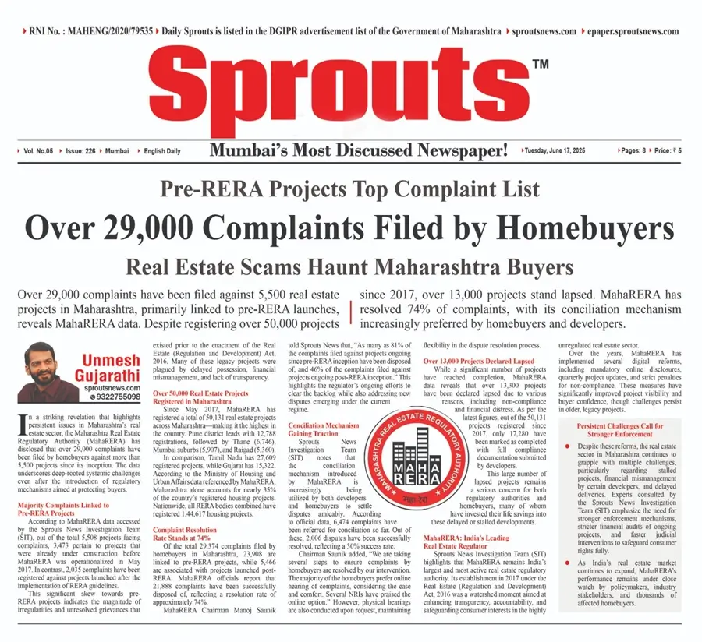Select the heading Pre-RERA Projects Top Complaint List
pyautogui.click(x=349, y=189)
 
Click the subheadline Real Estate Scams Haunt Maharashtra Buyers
pyautogui.click(x=349, y=269)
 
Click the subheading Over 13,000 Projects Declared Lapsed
pyautogui.click(x=479, y=362)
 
